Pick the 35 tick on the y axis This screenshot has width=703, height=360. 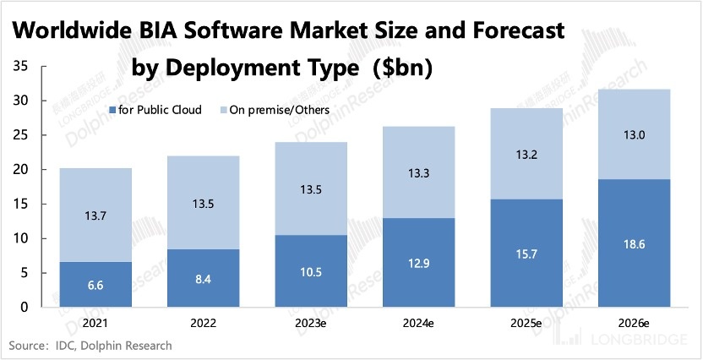coord(20,66)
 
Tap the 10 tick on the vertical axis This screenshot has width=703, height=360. coord(20,238)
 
